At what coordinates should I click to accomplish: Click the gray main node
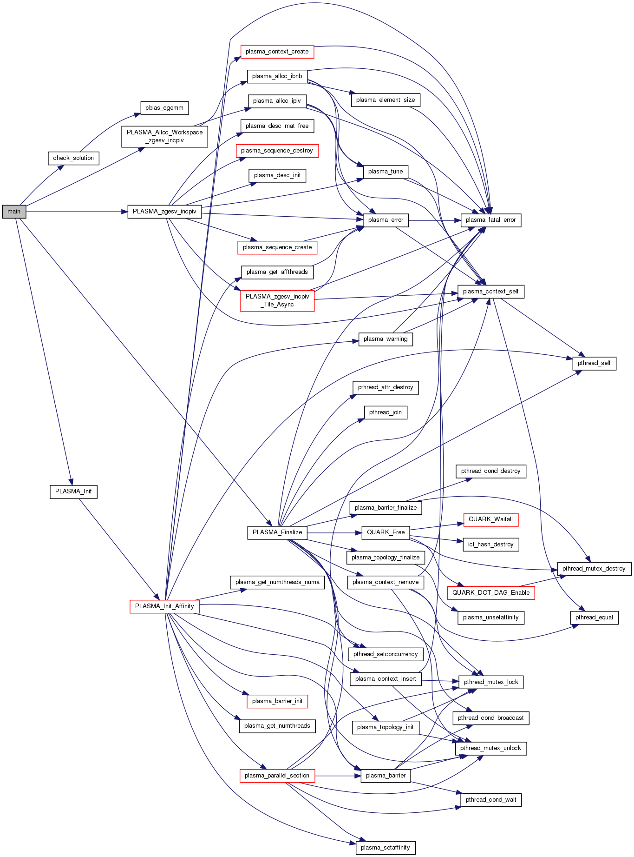tap(14, 212)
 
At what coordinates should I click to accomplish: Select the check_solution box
tap(73, 158)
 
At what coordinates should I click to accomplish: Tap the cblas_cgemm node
tap(164, 108)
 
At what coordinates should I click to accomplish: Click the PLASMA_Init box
tap(73, 492)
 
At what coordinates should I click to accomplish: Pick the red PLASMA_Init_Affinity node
tap(164, 606)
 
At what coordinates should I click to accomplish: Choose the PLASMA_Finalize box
tap(277, 532)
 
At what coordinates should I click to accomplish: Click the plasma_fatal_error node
tap(490, 220)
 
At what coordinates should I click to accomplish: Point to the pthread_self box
tap(594, 363)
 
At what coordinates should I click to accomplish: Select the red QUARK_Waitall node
tap(490, 519)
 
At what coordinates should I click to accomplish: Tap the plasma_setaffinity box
tap(386, 847)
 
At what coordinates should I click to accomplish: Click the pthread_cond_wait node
tap(491, 800)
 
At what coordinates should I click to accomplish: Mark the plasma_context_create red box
tap(277, 52)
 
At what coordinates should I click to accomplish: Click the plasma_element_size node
tap(386, 100)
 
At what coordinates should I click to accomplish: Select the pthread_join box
tap(386, 412)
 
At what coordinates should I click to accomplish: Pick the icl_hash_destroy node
tap(490, 545)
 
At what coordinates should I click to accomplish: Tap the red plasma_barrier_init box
tap(277, 701)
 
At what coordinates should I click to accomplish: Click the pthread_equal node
tap(594, 618)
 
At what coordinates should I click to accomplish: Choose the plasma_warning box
tap(386, 339)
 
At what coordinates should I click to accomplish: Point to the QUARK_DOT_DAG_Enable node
tap(490, 593)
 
